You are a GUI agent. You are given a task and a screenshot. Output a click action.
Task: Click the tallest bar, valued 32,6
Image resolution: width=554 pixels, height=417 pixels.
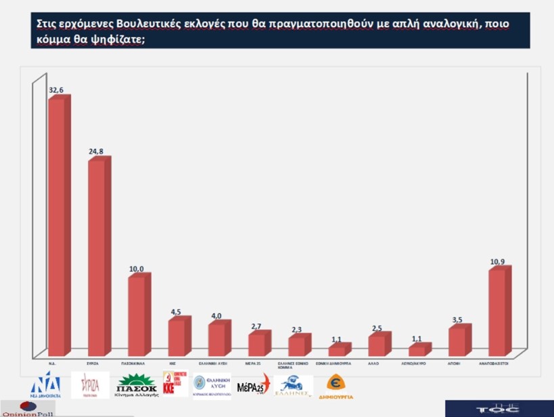pos(57,227)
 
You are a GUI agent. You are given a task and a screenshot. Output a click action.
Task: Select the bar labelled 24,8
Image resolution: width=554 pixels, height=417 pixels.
pos(97,257)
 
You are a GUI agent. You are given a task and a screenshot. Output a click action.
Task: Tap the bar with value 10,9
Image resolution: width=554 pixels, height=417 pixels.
pos(497,311)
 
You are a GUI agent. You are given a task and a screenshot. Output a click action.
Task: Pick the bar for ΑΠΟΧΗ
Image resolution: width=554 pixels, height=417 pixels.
pos(457,341)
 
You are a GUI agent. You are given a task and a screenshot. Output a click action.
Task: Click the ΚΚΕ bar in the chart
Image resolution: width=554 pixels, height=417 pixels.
pos(177,337)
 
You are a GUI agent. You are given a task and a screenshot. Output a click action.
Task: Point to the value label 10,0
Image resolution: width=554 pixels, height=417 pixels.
pos(137,269)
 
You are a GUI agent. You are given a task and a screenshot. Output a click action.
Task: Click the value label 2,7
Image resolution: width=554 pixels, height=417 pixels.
pos(256,327)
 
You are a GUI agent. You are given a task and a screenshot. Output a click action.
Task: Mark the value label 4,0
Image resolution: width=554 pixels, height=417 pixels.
pos(216,316)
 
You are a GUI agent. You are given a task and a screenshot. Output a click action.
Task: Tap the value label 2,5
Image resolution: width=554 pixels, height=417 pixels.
pos(377,328)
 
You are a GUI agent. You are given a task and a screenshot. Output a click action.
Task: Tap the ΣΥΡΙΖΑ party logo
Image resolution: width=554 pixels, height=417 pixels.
pos(94,385)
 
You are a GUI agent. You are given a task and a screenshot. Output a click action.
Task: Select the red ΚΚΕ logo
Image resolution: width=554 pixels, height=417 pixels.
pos(175,384)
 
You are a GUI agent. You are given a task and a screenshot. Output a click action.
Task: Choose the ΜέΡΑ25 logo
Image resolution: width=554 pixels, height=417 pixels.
pos(254,385)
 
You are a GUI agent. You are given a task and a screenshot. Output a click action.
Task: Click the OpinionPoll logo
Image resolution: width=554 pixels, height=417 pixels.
pos(28,409)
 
